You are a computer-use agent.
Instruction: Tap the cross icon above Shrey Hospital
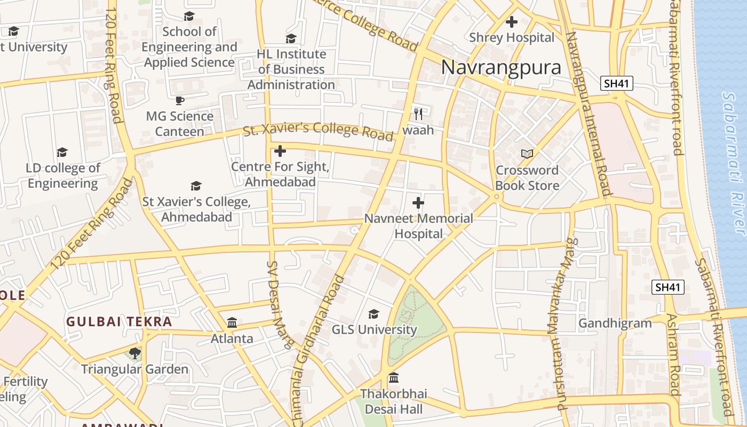[512, 22]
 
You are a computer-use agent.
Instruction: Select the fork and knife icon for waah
[418, 114]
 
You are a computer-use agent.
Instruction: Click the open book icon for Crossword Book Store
[527, 154]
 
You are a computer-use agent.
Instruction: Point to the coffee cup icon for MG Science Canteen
[180, 100]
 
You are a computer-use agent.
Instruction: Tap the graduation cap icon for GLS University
[374, 314]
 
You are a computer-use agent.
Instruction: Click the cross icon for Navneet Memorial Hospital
[418, 203]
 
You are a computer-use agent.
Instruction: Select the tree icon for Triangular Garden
[135, 353]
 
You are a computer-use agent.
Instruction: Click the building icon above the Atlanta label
[232, 322]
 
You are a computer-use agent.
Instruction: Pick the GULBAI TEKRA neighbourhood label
[119, 322]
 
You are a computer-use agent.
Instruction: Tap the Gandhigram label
[615, 323]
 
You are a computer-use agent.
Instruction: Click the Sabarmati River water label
[734, 163]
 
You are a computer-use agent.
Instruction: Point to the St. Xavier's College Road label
[319, 130]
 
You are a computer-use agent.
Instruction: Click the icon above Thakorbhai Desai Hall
[394, 378]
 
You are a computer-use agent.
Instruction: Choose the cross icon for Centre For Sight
[280, 151]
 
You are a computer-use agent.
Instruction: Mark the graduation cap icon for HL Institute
[291, 38]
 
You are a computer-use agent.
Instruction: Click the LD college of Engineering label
[63, 176]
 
